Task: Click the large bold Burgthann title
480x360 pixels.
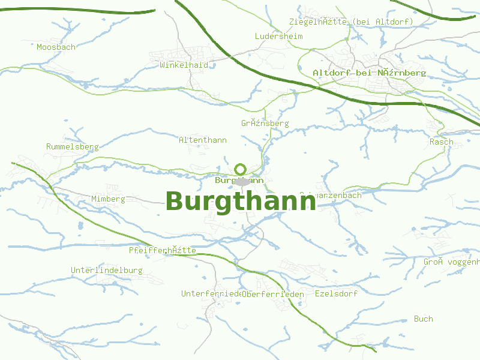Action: point(241,202)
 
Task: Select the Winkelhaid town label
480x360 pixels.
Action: point(184,65)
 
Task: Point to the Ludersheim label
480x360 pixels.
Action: point(278,37)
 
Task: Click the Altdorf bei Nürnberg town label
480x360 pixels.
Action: point(369,73)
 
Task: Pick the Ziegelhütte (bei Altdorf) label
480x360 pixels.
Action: point(351,22)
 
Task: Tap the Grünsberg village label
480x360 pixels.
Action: point(265,124)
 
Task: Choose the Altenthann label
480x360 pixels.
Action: point(203,140)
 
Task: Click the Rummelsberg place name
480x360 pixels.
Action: point(72,147)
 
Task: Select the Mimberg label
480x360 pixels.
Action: point(108,199)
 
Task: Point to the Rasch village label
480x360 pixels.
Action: point(441,142)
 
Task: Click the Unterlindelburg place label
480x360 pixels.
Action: point(107,271)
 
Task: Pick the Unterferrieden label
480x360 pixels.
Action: point(211,294)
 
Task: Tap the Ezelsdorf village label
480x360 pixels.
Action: point(336,294)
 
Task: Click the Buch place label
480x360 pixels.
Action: point(423,319)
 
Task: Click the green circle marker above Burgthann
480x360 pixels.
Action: point(241,169)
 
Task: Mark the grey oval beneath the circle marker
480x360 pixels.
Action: point(242,181)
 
